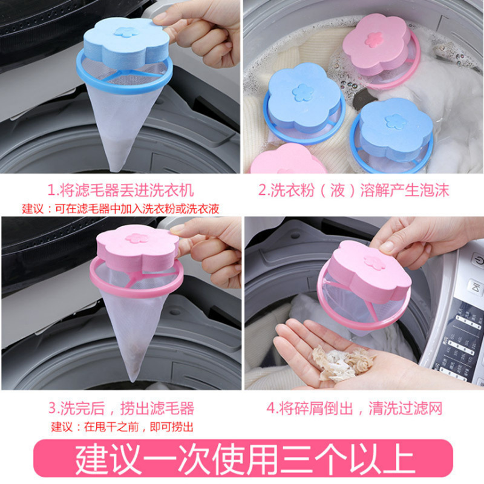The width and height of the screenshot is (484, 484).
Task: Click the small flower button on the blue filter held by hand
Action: tap(126, 31)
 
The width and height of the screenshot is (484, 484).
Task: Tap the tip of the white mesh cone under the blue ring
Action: tap(115, 170)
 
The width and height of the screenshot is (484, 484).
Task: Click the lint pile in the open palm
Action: tap(342, 362)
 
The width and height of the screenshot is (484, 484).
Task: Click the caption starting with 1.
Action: tap(120, 190)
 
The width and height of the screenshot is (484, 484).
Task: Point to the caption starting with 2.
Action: tap(354, 190)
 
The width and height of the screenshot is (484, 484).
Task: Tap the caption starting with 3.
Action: tap(121, 408)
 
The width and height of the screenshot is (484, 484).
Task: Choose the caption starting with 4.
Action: tap(355, 408)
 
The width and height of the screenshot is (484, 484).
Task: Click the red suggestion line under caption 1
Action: tap(120, 209)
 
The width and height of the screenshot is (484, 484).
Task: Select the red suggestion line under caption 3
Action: tap(122, 427)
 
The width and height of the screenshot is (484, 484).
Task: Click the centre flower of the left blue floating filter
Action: tap(303, 92)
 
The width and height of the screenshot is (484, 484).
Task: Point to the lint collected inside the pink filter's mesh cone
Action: tap(135, 358)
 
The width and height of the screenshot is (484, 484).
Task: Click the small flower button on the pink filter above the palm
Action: tap(374, 261)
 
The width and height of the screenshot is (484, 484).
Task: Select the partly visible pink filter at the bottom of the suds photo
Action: tap(288, 159)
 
